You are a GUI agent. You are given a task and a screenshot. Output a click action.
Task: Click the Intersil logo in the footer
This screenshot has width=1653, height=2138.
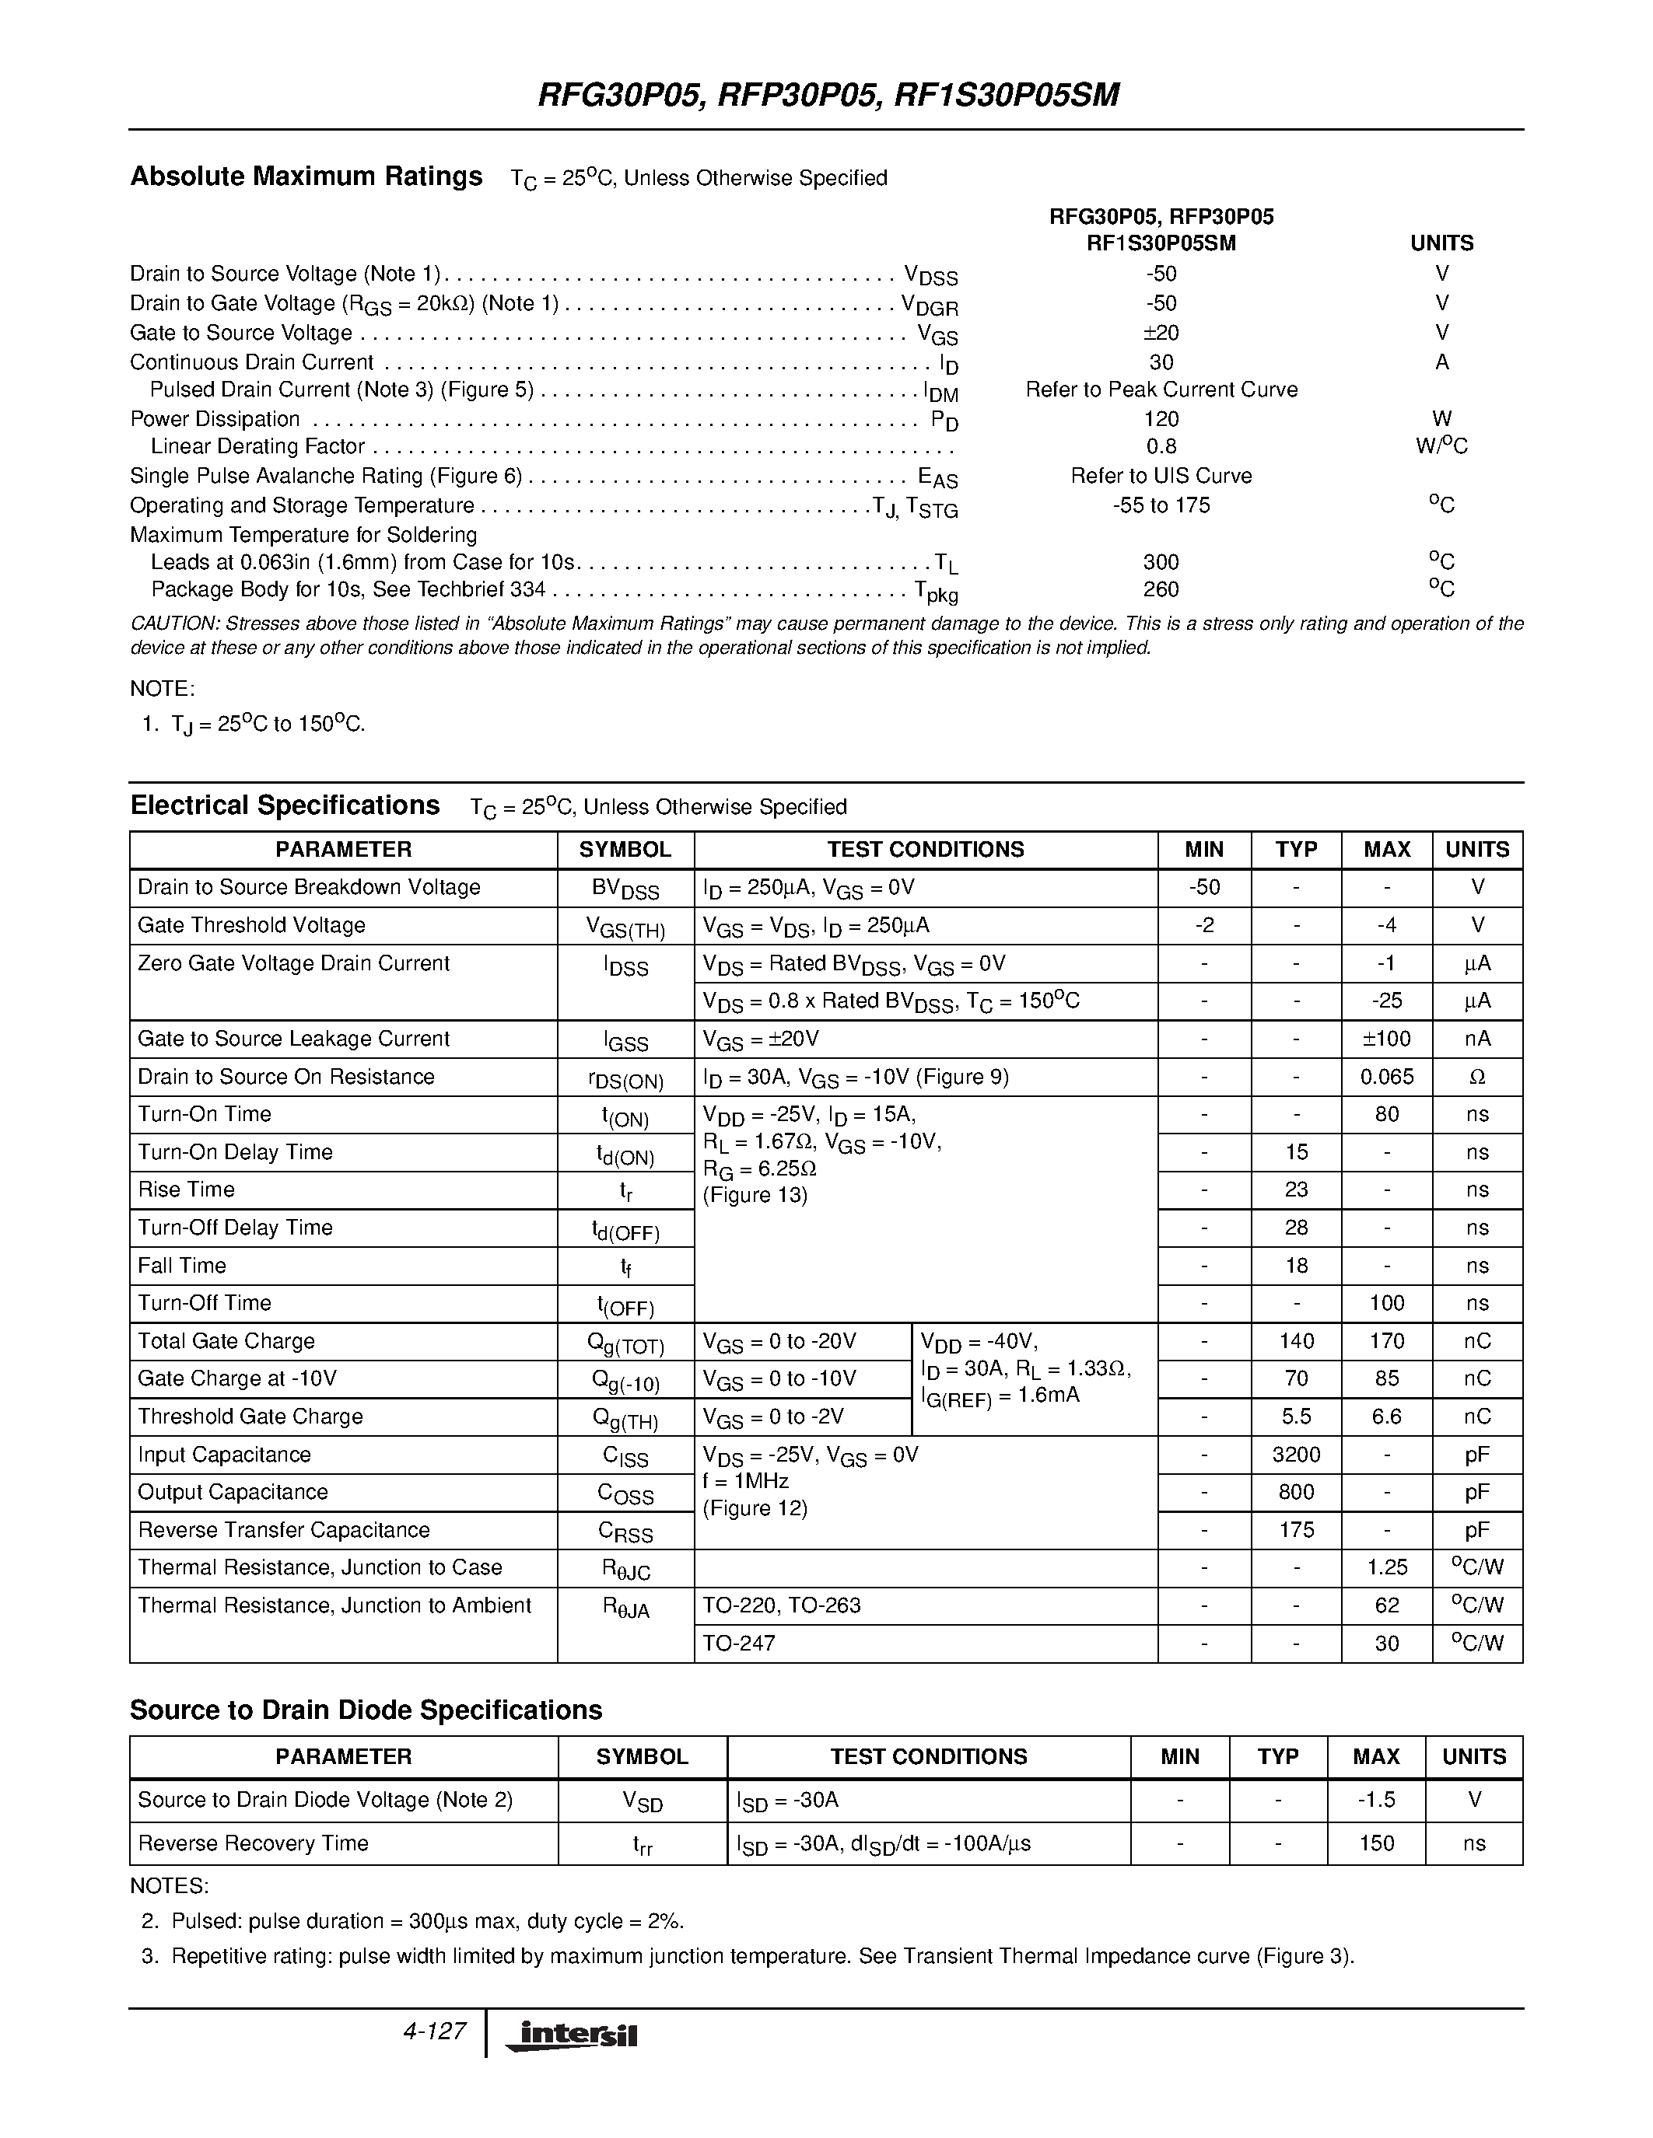pos(571,2036)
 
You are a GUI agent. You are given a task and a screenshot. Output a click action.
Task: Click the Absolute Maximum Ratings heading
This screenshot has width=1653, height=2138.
pos(306,176)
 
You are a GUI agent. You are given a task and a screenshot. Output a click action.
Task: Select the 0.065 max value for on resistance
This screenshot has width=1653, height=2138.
pos(1387,1077)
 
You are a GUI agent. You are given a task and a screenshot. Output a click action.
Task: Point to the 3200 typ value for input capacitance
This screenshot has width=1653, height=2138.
pos(1296,1455)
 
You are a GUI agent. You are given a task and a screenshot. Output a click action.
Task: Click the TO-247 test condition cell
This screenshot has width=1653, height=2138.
pos(739,1644)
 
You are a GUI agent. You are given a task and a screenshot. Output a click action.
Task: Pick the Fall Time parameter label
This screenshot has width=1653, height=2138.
pos(182,1266)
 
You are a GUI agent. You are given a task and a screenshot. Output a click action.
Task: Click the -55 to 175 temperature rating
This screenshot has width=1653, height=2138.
pos(1161,505)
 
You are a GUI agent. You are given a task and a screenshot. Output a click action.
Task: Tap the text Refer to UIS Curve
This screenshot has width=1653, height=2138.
pos(1161,476)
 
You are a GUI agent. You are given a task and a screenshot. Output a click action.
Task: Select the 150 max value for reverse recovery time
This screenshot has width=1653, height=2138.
pos(1376,1843)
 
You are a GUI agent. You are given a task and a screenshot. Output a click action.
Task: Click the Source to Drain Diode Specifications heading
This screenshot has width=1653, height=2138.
pos(366,1710)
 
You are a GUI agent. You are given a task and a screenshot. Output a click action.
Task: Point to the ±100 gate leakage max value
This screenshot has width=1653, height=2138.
pos(1387,1039)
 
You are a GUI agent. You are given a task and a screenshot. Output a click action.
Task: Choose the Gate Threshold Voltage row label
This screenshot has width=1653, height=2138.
pos(252,925)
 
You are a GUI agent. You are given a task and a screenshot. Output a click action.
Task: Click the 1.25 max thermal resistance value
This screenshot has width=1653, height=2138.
pos(1387,1567)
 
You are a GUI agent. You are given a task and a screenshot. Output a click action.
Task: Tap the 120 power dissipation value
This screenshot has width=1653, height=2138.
pos(1161,419)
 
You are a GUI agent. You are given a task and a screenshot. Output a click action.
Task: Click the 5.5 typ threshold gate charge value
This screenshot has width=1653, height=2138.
pos(1296,1417)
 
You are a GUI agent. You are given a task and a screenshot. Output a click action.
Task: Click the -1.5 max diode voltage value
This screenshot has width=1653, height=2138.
pos(1376,1799)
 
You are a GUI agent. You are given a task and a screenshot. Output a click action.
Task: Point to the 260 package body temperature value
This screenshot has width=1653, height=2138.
pos(1161,589)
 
